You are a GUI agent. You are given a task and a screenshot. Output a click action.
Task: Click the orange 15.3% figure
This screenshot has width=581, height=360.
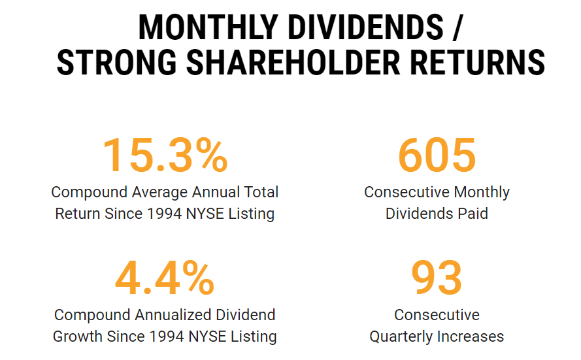pos(165,155)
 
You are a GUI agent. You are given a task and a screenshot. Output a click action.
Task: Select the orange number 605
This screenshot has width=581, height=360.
pos(437,155)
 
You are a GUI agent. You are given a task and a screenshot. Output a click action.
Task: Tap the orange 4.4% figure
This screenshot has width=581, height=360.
pos(165,278)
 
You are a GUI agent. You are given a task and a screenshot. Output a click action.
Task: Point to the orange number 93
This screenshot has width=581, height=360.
pos(437,278)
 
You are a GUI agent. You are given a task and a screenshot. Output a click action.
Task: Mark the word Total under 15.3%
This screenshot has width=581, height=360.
pos(260,193)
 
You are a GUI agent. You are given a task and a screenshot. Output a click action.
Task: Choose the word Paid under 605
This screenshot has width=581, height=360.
pos(473,214)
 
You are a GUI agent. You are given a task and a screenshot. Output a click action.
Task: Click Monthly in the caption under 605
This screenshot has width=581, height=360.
pos(481,193)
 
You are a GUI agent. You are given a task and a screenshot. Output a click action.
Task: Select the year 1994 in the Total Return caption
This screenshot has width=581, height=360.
pos(166,214)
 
